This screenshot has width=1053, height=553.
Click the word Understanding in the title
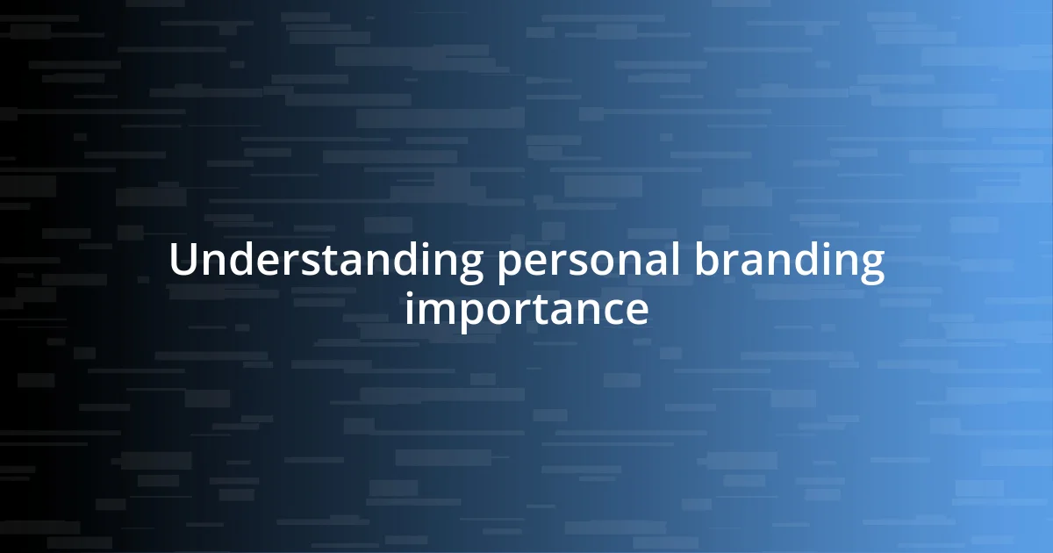coord(326,262)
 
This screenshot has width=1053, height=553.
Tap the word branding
coord(790,262)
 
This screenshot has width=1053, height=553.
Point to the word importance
coord(526,309)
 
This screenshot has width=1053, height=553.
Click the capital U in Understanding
coord(183,261)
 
